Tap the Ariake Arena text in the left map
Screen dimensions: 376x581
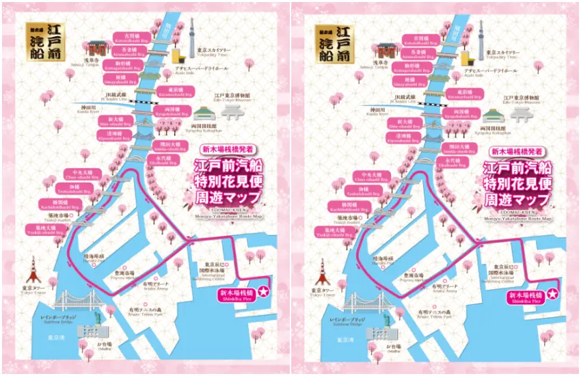[153, 286]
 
